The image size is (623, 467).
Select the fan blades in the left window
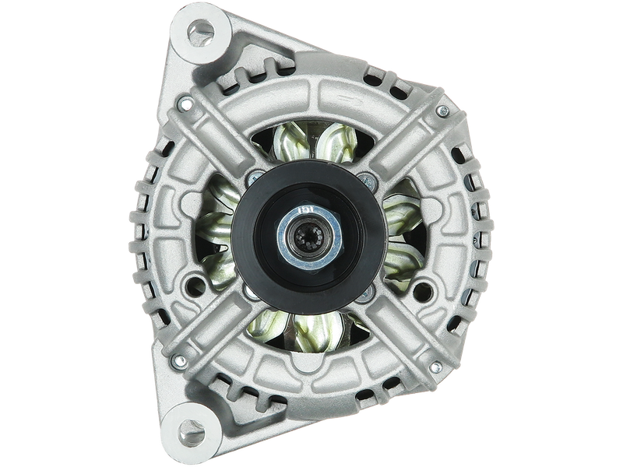(x=214, y=233)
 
